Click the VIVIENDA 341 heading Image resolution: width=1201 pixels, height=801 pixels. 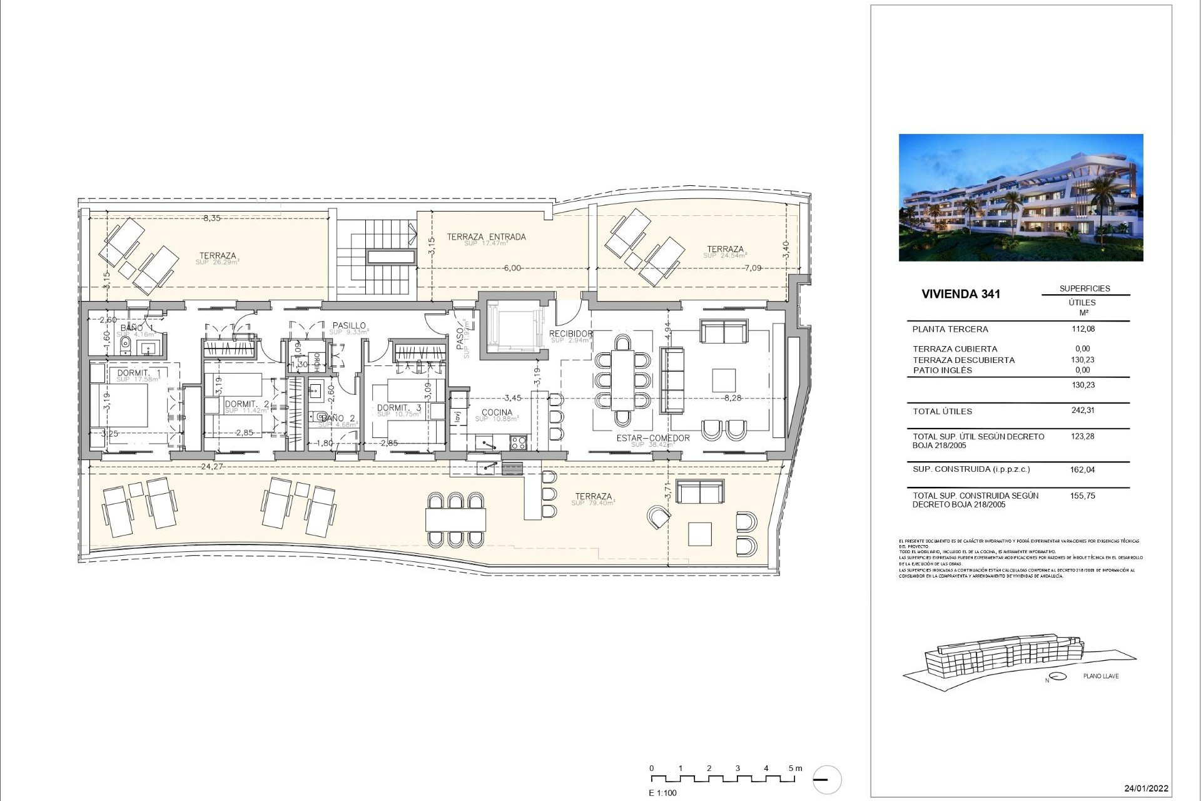pyautogui.click(x=961, y=294)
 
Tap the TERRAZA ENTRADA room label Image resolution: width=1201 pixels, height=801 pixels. pyautogui.click(x=486, y=237)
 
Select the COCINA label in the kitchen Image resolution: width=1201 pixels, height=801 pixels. pyautogui.click(x=497, y=412)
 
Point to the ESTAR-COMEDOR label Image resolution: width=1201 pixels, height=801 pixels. pyautogui.click(x=652, y=438)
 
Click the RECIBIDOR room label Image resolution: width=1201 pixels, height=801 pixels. pyautogui.click(x=570, y=334)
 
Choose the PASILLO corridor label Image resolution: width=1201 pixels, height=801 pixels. pyautogui.click(x=349, y=326)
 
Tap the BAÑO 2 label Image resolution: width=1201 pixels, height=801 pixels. pyautogui.click(x=338, y=418)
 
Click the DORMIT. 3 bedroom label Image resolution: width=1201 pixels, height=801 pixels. pyautogui.click(x=398, y=408)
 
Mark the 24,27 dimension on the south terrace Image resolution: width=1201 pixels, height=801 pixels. pyautogui.click(x=212, y=466)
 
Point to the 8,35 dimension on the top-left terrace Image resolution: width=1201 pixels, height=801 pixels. pyautogui.click(x=211, y=218)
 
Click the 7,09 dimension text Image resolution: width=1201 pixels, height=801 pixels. pyautogui.click(x=753, y=268)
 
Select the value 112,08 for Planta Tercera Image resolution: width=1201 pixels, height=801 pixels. pyautogui.click(x=1083, y=329)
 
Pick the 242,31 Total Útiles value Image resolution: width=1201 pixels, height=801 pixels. pyautogui.click(x=1083, y=411)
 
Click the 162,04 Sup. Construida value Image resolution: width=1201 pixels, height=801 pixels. pyautogui.click(x=1083, y=469)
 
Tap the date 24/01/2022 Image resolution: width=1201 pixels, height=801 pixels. pyautogui.click(x=1146, y=788)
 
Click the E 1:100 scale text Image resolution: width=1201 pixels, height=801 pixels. pyautogui.click(x=662, y=793)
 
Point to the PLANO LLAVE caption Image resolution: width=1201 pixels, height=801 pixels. pyautogui.click(x=1101, y=676)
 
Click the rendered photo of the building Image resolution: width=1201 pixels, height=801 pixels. pyautogui.click(x=1020, y=197)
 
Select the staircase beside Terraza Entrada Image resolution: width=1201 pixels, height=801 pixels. pyautogui.click(x=377, y=257)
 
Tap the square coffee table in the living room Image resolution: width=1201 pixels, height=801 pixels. pyautogui.click(x=724, y=380)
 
